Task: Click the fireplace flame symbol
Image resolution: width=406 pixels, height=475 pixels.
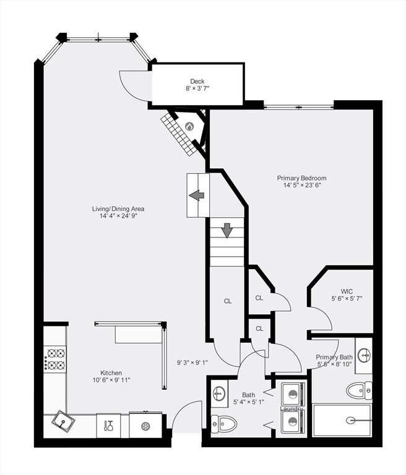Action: coord(189,126)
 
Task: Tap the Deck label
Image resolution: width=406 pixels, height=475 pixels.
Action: coord(197,81)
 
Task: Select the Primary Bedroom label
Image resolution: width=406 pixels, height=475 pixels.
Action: coord(301,178)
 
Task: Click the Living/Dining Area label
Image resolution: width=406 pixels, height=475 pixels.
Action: coord(118,208)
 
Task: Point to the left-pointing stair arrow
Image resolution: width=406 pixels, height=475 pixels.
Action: coord(196,195)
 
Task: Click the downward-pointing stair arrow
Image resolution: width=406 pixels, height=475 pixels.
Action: coord(227,230)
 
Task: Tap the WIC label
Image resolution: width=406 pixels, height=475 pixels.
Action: coord(347,291)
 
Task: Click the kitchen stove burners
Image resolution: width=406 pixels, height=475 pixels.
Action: coord(56,359)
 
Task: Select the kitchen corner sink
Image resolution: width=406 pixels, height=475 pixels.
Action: coord(63,421)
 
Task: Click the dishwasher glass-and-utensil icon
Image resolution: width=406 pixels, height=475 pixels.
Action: coord(108,426)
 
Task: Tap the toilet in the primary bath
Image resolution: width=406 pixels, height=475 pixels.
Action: coord(359,390)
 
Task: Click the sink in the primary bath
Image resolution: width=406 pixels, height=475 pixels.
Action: coord(363,355)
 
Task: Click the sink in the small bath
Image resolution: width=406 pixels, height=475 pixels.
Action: coord(218,393)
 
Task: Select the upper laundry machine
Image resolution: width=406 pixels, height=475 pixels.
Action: coord(293,395)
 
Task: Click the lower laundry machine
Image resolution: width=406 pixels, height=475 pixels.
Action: coord(293,422)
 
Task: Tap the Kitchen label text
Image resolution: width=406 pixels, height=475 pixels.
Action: coord(111,373)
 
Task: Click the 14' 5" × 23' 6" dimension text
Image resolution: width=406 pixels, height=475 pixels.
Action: coord(302,186)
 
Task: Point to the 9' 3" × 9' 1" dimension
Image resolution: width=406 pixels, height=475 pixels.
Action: coord(192,362)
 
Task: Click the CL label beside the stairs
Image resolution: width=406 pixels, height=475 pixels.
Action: coord(228,301)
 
